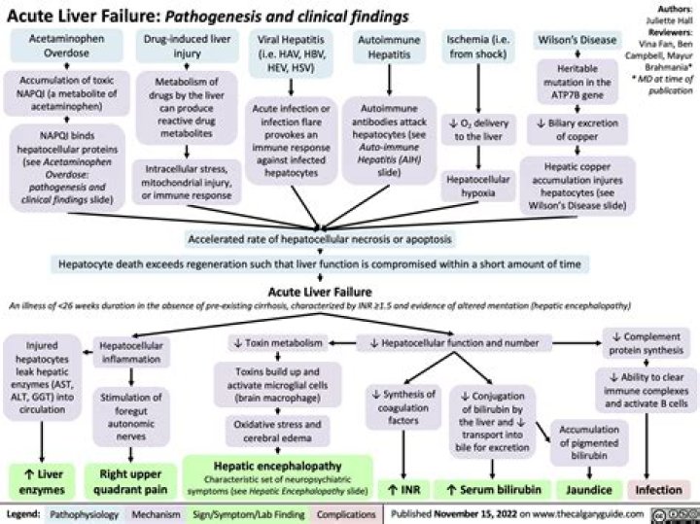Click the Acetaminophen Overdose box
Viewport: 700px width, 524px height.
coord(66,46)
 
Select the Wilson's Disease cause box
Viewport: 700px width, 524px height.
coord(577,40)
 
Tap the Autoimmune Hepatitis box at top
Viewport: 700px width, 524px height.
coord(389,47)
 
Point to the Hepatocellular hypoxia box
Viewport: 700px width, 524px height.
coord(477,186)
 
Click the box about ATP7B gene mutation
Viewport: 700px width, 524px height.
coord(577,82)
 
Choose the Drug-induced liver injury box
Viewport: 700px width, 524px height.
coord(187,46)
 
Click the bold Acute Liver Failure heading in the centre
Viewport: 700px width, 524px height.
coord(320,292)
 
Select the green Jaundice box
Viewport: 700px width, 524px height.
coord(589,490)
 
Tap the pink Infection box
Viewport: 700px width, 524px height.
coord(659,490)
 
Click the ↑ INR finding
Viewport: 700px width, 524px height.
coord(403,490)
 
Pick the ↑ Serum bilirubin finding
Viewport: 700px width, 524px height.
coord(493,490)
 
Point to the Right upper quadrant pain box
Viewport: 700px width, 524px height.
coord(130,481)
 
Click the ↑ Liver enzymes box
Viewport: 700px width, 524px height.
coord(42,481)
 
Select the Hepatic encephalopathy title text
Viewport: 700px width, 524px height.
coord(278,466)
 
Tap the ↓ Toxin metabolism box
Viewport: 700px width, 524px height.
coord(278,343)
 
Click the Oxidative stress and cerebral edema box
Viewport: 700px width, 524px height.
coord(278,431)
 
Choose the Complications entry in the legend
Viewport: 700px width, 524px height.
coord(346,514)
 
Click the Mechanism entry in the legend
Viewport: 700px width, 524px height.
coord(156,514)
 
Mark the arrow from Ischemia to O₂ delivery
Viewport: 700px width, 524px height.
coord(478,88)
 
